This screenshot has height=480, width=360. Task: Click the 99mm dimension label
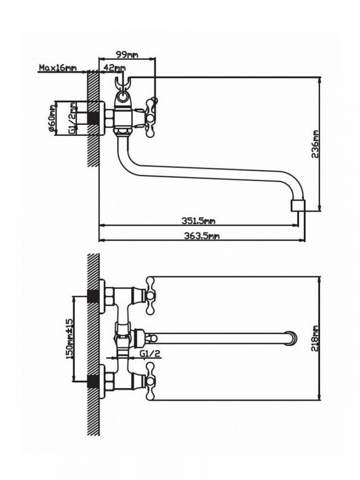tap(127, 54)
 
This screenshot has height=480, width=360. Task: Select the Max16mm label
tap(58, 67)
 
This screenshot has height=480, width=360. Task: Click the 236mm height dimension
tap(315, 144)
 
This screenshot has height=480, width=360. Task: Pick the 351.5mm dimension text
tap(199, 220)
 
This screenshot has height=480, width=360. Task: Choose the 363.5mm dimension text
tap(202, 235)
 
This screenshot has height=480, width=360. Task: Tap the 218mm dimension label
tap(315, 338)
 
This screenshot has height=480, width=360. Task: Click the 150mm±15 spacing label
tap(69, 338)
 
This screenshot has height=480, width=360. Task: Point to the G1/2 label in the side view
tap(73, 118)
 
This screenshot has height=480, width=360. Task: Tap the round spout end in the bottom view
tap(291, 338)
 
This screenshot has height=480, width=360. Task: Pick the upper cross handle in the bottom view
tap(150, 295)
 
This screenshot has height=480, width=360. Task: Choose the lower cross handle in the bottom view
tap(150, 381)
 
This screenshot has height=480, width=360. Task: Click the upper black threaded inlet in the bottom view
tap(93, 295)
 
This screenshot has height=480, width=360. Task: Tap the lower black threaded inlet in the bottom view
tap(93, 381)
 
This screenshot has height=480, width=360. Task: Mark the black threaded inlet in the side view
tap(93, 118)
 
